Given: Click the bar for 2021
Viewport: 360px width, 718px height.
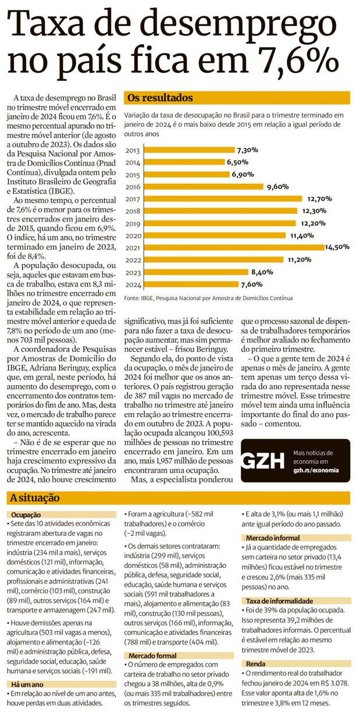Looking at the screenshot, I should point(233,247).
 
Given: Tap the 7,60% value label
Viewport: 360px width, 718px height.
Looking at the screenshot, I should point(251,285).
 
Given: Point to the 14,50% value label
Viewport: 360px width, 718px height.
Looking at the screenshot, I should point(337,247).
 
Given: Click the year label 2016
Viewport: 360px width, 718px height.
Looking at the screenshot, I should point(133,187).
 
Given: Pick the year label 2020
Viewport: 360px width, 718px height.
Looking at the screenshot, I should point(133,236).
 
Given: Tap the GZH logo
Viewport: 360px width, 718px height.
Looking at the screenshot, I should point(265,460).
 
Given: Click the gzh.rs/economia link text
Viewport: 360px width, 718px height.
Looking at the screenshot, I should point(317,470).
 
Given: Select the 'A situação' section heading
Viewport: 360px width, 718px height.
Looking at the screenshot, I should point(35,498).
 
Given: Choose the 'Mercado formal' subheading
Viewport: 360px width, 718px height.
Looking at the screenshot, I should point(153,656).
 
